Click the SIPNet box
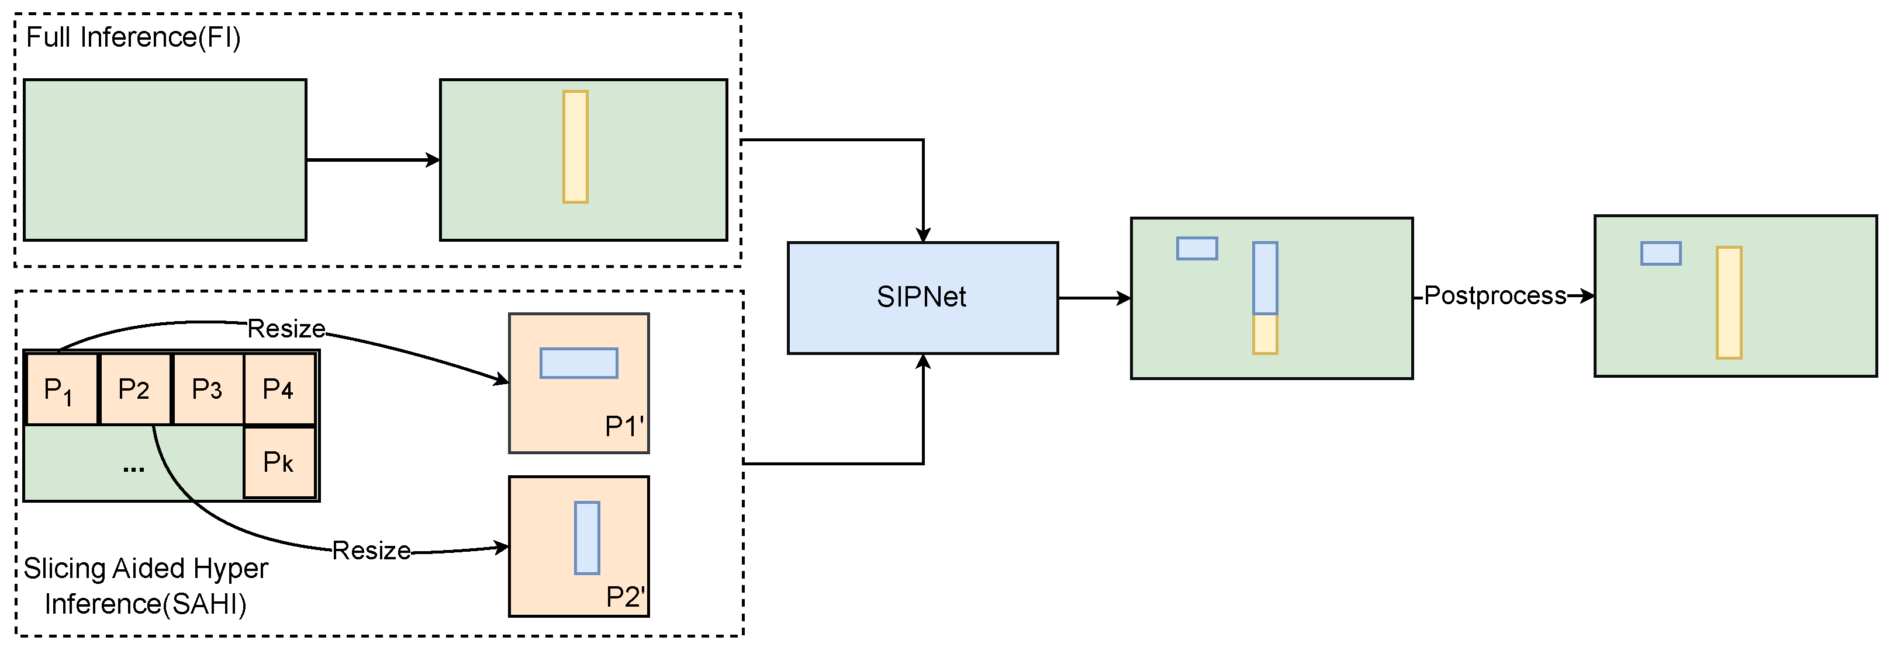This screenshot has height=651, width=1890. pyautogui.click(x=922, y=298)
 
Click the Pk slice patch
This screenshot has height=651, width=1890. pyautogui.click(x=279, y=462)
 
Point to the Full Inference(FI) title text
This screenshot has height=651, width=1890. pyautogui.click(x=133, y=37)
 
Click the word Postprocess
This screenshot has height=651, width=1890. pyautogui.click(x=1495, y=295)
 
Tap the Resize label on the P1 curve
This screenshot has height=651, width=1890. pyautogui.click(x=286, y=329)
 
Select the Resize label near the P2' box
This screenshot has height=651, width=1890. pyautogui.click(x=371, y=551)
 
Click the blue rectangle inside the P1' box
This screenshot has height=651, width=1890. pyautogui.click(x=578, y=363)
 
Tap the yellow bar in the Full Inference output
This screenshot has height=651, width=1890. pyautogui.click(x=575, y=147)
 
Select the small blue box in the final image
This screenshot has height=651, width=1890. pyautogui.click(x=1660, y=253)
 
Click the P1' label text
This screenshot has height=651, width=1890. pyautogui.click(x=624, y=426)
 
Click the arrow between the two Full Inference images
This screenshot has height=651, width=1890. pyautogui.click(x=373, y=160)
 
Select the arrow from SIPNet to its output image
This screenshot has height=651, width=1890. pyautogui.click(x=1094, y=298)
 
